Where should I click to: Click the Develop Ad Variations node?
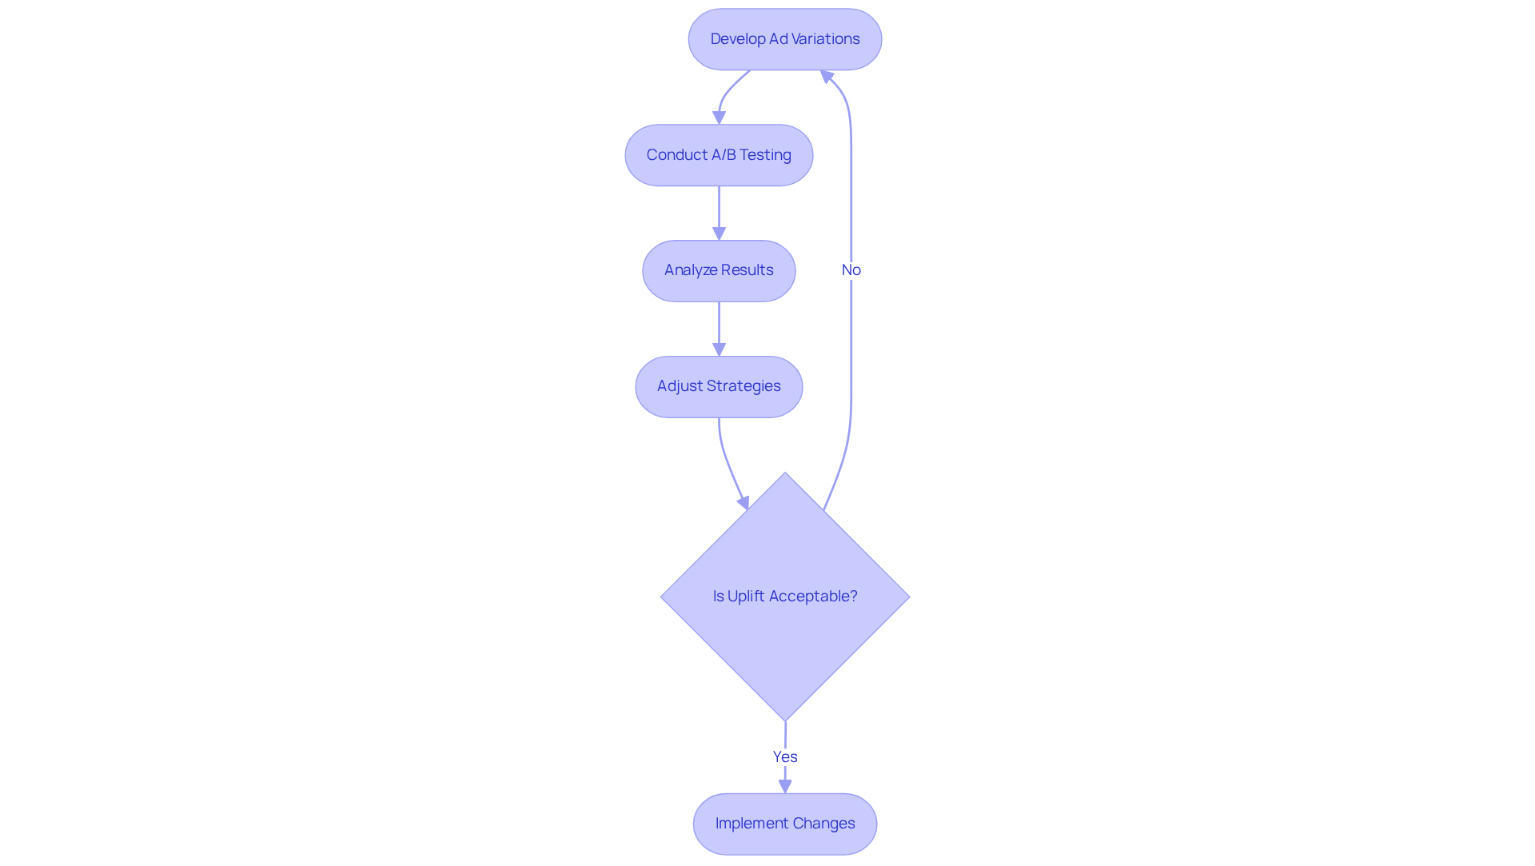coord(784,39)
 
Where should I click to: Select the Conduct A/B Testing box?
coord(719,155)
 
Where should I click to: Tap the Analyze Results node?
coord(719,270)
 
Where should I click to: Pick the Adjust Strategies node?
coord(719,386)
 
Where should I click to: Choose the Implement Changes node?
coord(784,824)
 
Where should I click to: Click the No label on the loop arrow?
coord(851,270)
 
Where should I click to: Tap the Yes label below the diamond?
coord(784,756)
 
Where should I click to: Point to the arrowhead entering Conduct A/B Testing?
coord(719,118)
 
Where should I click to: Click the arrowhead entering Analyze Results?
coord(719,233)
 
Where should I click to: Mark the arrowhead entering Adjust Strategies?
coord(719,349)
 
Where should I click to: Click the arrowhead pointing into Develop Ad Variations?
coord(827,77)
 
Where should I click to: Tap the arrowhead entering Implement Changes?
coord(784,786)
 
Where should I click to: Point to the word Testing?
coord(765,155)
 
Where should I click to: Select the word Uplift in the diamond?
coord(746,597)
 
